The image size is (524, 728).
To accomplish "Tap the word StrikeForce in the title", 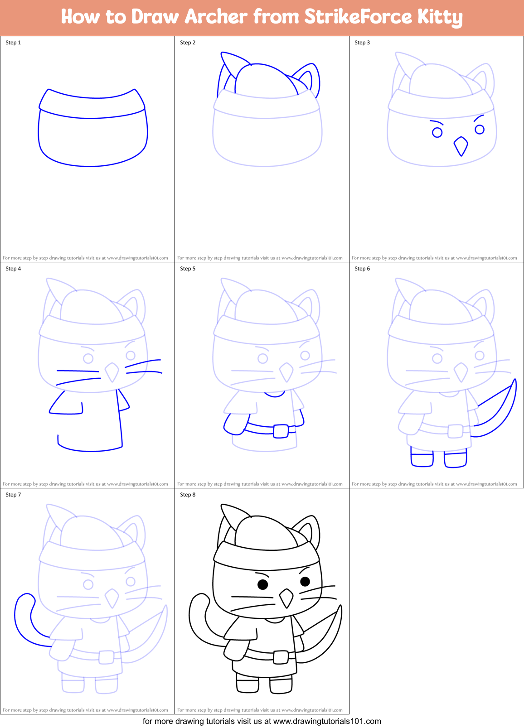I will pos(358,17).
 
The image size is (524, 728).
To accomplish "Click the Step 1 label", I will pos(13,43).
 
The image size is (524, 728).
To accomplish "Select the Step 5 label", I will pos(188,269).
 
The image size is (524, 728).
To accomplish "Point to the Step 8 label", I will pos(188,495).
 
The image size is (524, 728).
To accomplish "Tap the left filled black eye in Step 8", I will pos(262,584).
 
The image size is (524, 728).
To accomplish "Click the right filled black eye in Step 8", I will pos(305,581).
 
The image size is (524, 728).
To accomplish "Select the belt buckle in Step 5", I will pos(281,430).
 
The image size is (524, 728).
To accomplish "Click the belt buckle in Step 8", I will pos(281,656).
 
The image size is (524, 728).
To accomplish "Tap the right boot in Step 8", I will pos(281,685).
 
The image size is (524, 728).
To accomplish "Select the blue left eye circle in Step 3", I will pos(437,132).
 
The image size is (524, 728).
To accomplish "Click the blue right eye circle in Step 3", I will pos(480,130).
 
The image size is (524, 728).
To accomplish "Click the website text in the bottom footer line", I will pos(327,721).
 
